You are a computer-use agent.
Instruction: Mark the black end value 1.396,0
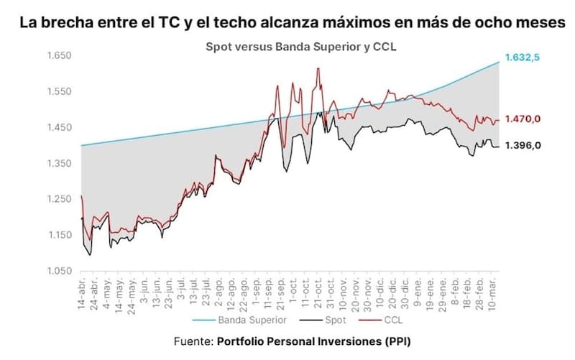click(523, 145)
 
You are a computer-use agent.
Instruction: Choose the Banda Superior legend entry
click(245, 320)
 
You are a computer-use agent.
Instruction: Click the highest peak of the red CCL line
click(318, 69)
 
